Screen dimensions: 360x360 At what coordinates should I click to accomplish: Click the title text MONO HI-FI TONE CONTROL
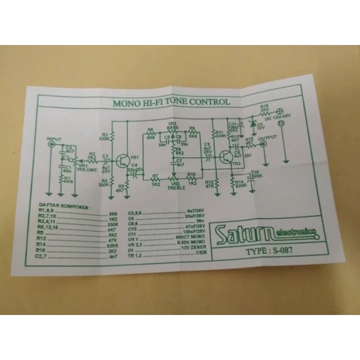coord(171,103)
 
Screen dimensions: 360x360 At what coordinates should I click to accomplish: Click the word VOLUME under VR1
coord(88,170)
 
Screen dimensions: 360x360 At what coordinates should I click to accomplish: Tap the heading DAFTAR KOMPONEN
coord(65,208)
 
